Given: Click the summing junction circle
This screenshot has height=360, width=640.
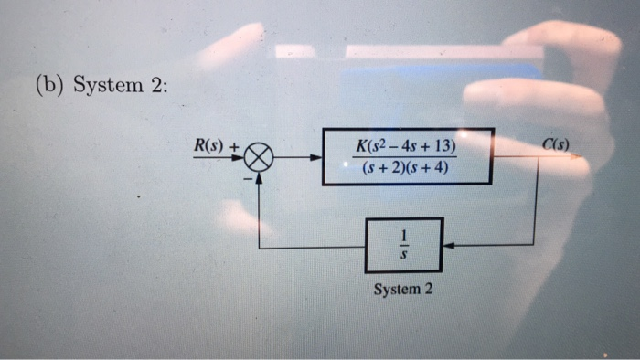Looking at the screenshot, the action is [260, 158].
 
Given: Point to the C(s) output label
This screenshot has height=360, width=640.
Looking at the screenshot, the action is [556, 143].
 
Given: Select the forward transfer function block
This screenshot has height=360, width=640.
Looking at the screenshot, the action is [408, 157].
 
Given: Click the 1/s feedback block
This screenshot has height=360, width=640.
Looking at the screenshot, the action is [404, 245].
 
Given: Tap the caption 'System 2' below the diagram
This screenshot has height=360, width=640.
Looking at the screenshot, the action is [403, 290].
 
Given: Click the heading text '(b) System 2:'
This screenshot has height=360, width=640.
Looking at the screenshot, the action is [101, 87].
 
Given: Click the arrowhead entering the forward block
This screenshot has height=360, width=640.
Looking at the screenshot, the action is [316, 157].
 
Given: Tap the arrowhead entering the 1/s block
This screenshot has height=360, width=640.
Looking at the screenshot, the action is [449, 245].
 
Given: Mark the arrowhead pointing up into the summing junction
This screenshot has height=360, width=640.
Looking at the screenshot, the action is [260, 177].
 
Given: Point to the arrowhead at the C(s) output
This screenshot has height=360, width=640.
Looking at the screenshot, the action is [577, 156].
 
